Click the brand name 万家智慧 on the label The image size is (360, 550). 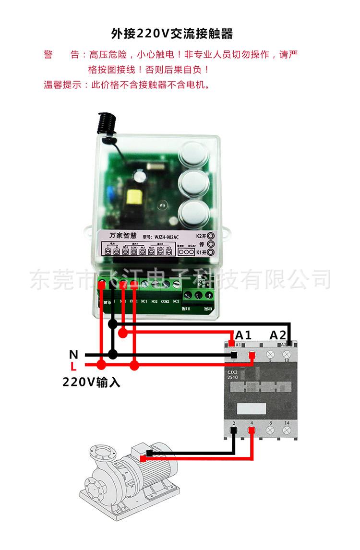coord(123,236)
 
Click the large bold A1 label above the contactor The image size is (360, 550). coord(243,335)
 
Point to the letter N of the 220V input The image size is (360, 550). coord(73,355)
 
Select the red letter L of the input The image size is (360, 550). coord(73,367)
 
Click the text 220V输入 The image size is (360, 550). coord(91,383)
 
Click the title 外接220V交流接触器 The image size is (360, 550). coord(171,34)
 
